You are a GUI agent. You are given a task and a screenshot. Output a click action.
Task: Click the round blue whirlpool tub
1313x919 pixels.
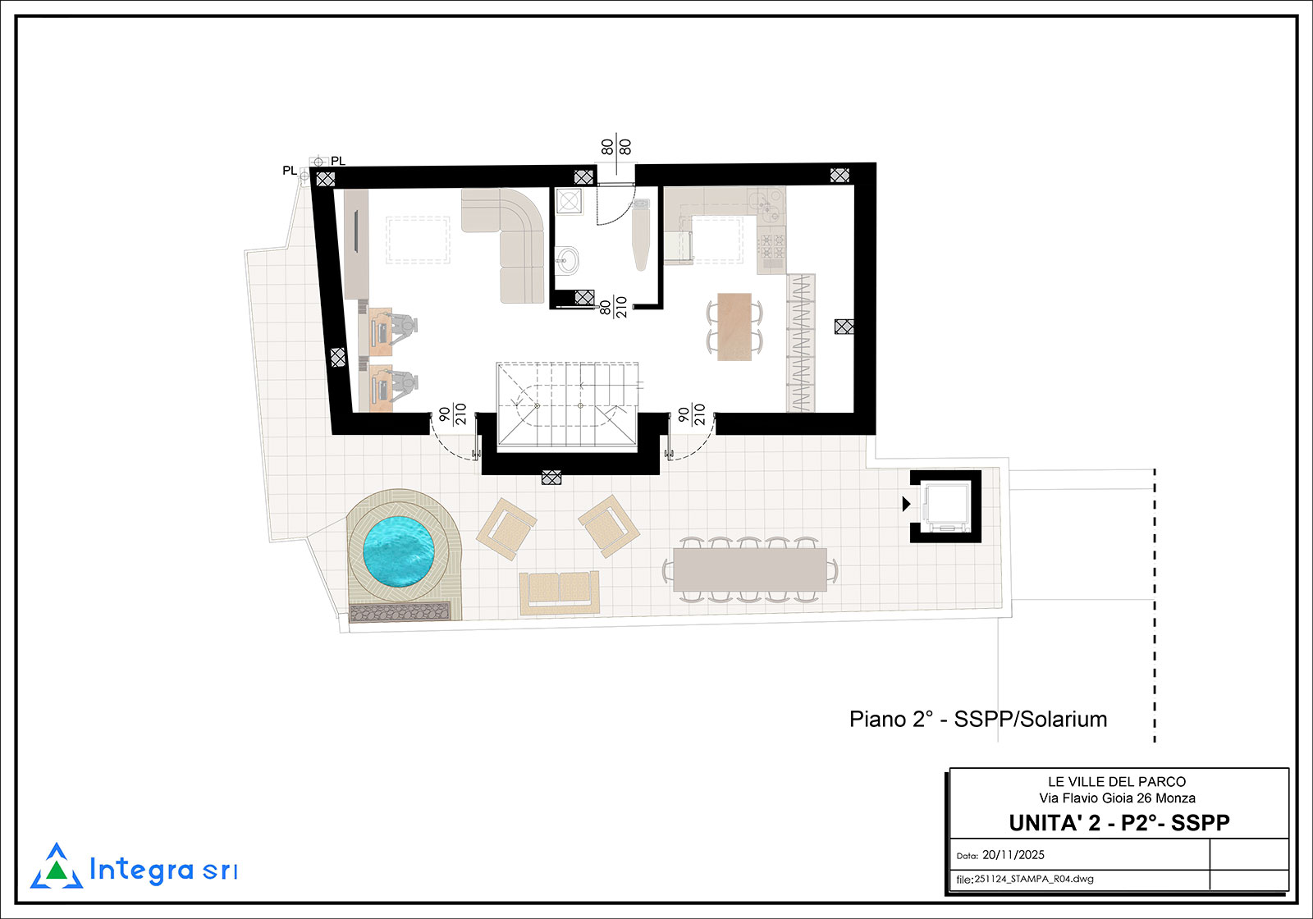(x=399, y=552)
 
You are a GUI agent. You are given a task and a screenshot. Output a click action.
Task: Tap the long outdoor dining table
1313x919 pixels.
(x=750, y=569)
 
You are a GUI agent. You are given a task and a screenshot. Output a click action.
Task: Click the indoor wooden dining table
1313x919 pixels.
(x=734, y=327)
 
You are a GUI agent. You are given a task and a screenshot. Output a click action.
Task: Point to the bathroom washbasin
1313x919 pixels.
(x=567, y=259)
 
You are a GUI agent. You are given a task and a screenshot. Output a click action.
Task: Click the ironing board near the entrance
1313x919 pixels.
(x=641, y=235)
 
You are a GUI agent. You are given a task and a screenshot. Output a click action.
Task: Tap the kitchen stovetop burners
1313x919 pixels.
(x=771, y=247)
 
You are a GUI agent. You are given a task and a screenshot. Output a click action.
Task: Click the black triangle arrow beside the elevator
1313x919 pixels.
(x=906, y=504)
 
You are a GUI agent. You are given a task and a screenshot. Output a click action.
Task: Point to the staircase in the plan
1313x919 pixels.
(x=567, y=405)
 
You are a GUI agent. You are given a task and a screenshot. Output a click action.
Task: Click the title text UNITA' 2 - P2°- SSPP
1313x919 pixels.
(x=1119, y=823)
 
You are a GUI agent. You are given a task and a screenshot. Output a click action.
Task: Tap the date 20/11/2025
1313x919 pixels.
(x=1013, y=855)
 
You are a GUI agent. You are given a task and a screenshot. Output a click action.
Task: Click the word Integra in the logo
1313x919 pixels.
(x=141, y=870)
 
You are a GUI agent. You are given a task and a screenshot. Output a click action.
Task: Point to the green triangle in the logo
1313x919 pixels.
(x=57, y=871)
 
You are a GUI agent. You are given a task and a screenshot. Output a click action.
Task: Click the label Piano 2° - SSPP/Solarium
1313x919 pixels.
(x=978, y=719)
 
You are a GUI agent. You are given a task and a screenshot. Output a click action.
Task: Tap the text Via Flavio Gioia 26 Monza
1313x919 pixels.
(x=1117, y=798)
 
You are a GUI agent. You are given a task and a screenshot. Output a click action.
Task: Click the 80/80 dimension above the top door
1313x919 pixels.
(x=616, y=147)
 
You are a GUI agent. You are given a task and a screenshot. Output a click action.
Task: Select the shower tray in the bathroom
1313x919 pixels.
(x=568, y=201)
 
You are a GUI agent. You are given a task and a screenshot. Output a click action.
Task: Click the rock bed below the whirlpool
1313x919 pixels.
(x=399, y=612)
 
